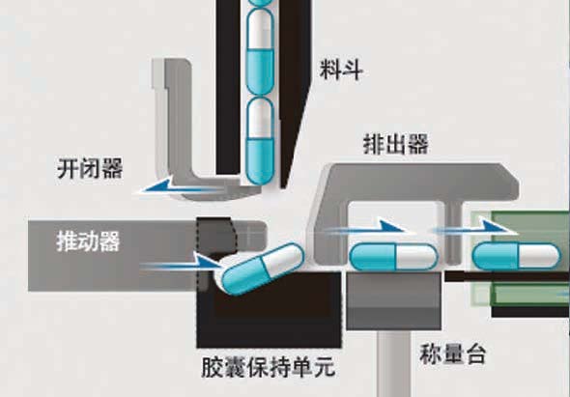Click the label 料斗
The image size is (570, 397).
coord(341,70)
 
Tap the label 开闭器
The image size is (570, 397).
coord(90,168)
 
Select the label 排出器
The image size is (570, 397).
coord(395,144)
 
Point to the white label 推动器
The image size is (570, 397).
coord(88,241)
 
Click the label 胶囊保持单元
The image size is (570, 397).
coord(269,368)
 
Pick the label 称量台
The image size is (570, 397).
coord(452,354)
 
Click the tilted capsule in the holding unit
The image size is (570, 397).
coord(261,269)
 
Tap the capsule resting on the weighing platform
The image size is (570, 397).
coord(393,257)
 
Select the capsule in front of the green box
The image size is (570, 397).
coord(516,257)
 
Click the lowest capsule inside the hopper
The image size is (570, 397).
coord(260,141)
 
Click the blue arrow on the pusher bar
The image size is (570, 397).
coord(181,265)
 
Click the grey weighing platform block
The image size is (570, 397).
coord(394,301)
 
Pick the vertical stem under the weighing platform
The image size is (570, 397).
coord(395,363)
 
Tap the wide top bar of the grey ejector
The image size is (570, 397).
coord(418,182)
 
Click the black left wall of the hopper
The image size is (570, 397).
coord(228,87)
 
